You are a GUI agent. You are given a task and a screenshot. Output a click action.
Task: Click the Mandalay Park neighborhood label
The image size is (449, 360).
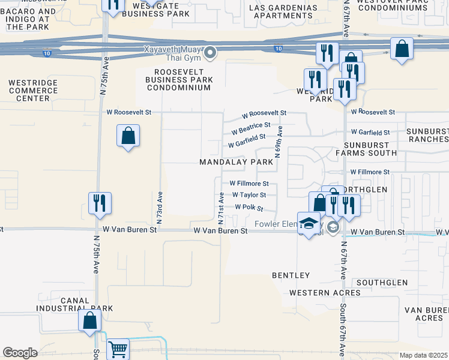click(236, 163)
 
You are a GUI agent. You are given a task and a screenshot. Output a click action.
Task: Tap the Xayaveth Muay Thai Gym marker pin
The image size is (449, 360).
click(210, 54)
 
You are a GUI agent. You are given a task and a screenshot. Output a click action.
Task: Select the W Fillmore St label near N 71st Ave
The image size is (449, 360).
click(249, 184)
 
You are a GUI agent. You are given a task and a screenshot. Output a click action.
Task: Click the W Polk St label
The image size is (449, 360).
click(249, 207)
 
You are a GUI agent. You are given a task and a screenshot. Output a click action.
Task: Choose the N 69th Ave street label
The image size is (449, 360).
click(279, 141)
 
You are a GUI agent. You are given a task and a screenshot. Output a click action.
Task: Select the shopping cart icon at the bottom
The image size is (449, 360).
click(118, 349)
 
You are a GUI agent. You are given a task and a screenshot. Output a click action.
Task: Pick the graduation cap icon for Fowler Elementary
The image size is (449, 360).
click(309, 223)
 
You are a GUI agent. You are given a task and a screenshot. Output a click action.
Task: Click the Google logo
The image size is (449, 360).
click(20, 353)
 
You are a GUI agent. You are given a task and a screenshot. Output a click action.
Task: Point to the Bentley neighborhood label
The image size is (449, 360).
click(291, 275)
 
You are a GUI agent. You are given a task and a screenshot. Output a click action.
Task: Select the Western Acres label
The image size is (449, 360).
click(325, 293)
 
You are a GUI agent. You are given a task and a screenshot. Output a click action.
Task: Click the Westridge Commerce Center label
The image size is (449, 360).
click(33, 90)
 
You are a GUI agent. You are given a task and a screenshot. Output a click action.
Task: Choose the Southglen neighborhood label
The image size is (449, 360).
click(382, 282)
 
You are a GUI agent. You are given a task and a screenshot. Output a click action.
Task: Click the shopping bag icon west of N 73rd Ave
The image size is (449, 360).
click(128, 136)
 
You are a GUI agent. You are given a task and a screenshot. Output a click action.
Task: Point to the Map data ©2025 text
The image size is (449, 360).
click(423, 355)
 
